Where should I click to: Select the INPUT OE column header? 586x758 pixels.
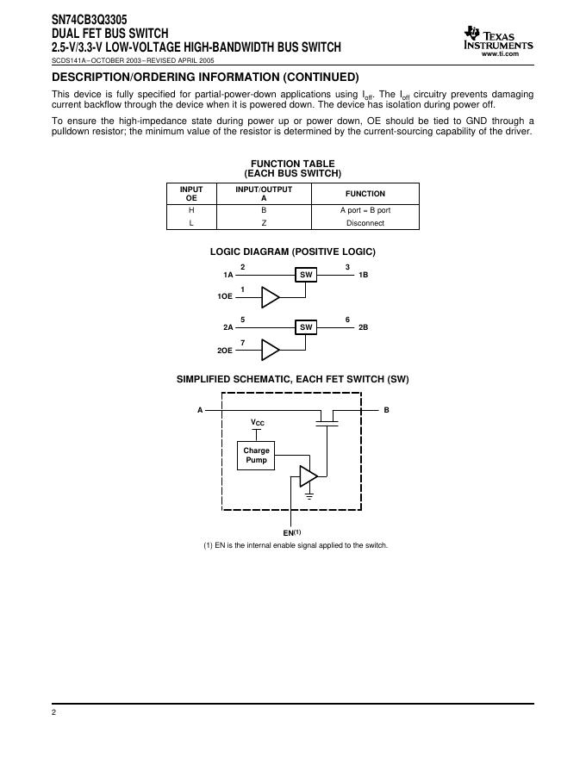click(x=191, y=193)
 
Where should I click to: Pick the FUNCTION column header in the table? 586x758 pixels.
click(x=365, y=194)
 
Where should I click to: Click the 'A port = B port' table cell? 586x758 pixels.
click(x=365, y=210)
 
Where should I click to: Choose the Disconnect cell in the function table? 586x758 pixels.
click(x=365, y=223)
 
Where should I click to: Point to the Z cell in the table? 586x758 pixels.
click(x=264, y=223)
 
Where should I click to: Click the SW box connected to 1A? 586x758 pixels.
click(x=306, y=275)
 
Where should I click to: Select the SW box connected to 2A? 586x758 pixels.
click(x=306, y=327)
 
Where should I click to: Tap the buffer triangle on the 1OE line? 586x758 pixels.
click(x=271, y=297)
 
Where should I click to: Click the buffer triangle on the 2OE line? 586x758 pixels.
click(x=271, y=350)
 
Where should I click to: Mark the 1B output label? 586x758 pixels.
click(x=363, y=275)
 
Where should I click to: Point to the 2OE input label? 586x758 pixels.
click(x=224, y=351)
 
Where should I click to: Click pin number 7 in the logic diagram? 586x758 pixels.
click(x=243, y=343)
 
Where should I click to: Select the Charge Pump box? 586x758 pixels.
click(x=256, y=455)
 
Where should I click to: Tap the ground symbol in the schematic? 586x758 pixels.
click(x=309, y=496)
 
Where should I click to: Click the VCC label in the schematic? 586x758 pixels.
click(x=258, y=423)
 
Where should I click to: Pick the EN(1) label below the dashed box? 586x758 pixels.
click(x=291, y=532)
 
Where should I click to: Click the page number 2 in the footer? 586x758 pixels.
click(x=53, y=713)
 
